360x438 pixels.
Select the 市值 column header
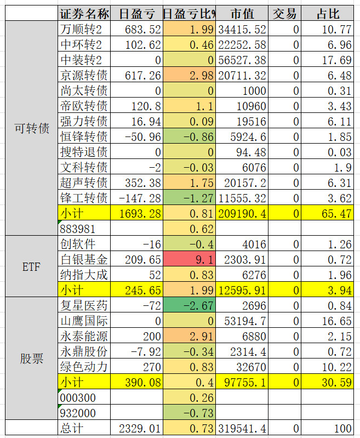coord(242,14)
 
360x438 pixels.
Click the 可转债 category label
coord(31,129)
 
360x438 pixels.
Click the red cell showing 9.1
coord(189,259)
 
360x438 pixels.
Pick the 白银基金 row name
coord(84,259)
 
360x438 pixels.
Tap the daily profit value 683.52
coord(136,29)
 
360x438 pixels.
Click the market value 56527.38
coord(242,59)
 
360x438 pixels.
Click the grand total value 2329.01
coord(136,428)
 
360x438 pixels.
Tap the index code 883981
coord(77,228)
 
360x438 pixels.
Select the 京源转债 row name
coord(84,75)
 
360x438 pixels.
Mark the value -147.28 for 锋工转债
coord(136,197)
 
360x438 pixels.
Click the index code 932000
coord(77,412)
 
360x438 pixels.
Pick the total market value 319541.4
coord(242,428)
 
